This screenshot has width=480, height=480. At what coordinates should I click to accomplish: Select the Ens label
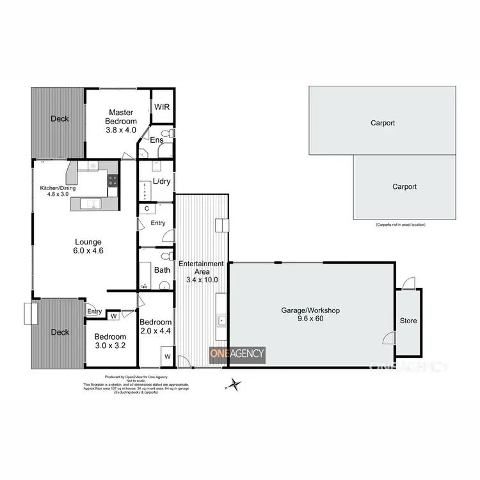(x=156, y=140)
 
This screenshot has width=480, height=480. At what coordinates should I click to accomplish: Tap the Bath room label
(x=161, y=269)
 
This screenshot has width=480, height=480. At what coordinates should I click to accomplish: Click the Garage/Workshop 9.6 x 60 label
(x=310, y=314)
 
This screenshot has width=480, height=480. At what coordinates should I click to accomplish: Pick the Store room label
(x=408, y=321)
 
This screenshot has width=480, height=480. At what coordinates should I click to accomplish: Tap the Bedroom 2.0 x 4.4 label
(x=156, y=326)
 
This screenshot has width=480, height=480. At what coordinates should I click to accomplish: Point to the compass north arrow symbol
(x=236, y=385)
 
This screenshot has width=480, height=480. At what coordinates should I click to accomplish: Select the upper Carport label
(x=382, y=123)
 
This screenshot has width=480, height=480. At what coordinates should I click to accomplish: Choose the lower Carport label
(x=404, y=187)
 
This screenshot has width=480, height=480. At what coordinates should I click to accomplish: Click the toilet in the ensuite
(x=166, y=134)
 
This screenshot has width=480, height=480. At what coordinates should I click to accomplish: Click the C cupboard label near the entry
(x=147, y=209)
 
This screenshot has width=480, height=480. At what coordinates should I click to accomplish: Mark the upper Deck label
(x=60, y=118)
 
